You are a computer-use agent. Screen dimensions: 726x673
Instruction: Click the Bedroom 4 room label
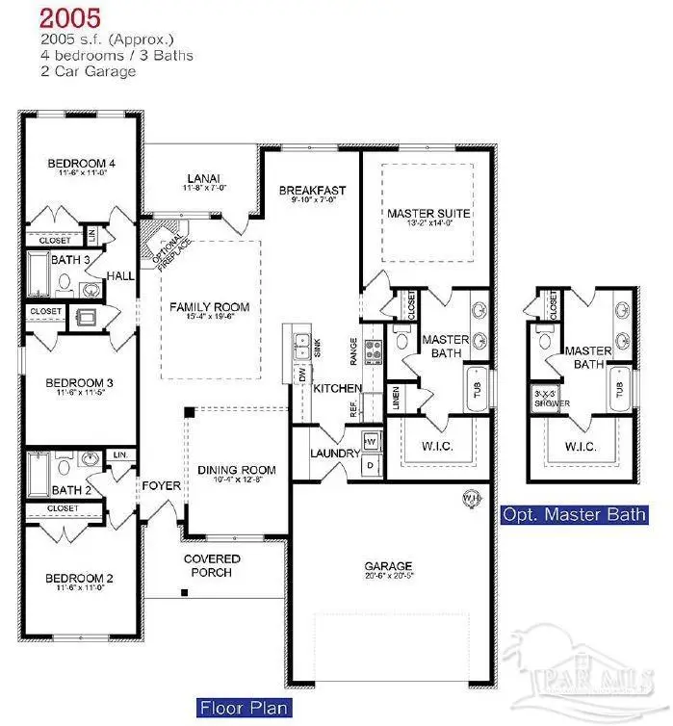tap(82, 163)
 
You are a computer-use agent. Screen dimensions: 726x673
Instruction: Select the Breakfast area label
tap(312, 191)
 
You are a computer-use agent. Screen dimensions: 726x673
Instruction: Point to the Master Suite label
tap(428, 213)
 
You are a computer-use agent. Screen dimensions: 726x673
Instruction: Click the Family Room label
tap(210, 307)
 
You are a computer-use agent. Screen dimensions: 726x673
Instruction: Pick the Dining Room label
tap(237, 470)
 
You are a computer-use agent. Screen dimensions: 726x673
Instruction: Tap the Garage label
tap(388, 566)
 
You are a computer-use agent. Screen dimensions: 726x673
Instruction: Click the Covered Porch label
tap(212, 565)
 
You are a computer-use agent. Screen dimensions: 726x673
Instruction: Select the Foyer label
tap(161, 486)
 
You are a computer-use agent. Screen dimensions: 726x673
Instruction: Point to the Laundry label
tap(334, 454)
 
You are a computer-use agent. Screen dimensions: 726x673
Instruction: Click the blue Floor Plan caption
tap(245, 709)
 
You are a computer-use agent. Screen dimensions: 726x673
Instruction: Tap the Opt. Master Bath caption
tap(574, 514)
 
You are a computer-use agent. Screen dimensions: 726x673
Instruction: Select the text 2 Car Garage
tap(88, 71)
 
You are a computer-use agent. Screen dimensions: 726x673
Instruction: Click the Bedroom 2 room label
tap(81, 579)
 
